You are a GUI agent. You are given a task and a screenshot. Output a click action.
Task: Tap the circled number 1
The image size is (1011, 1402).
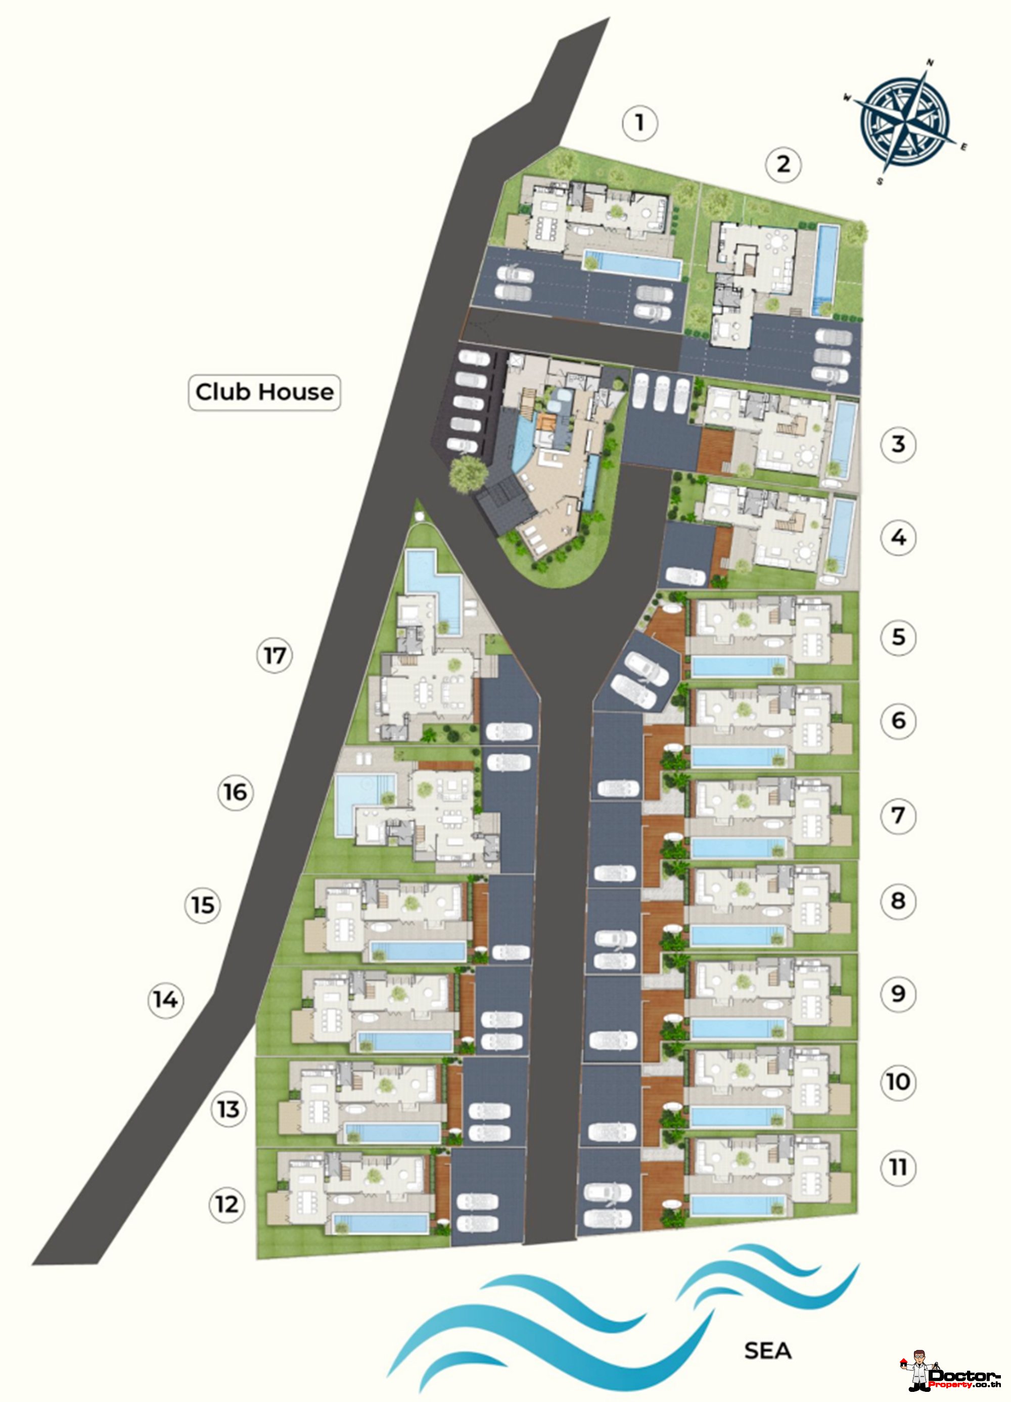[639, 123]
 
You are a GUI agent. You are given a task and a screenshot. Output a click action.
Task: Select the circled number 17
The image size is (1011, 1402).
[274, 655]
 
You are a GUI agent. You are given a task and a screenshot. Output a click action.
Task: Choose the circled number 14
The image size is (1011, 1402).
[166, 1000]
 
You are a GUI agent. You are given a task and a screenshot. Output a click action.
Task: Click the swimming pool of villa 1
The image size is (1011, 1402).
[632, 264]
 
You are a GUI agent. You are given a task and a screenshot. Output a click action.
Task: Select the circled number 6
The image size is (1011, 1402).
[898, 720]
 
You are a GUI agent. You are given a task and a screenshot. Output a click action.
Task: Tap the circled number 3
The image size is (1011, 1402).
[898, 444]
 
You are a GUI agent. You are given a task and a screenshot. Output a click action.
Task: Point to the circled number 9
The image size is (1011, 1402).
[898, 994]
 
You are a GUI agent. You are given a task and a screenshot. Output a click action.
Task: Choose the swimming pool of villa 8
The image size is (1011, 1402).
[739, 936]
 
